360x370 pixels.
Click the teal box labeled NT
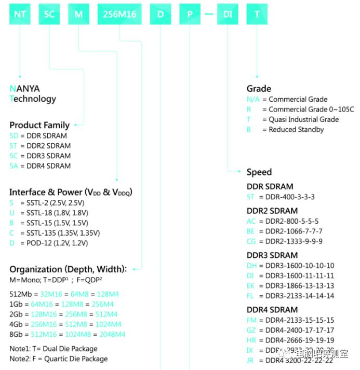(20, 14)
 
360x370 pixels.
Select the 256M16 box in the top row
(119, 14)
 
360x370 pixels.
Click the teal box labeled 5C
(49, 14)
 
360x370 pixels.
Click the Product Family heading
(39, 125)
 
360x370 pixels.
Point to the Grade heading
(259, 89)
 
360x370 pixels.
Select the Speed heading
(259, 172)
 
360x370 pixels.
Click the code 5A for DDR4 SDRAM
(14, 166)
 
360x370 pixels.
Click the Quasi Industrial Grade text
(303, 119)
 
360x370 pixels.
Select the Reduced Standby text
(296, 130)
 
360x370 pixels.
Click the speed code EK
(251, 286)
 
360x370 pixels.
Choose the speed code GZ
(252, 330)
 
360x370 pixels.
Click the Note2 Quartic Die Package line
(59, 359)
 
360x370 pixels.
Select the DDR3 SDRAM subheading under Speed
(272, 255)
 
